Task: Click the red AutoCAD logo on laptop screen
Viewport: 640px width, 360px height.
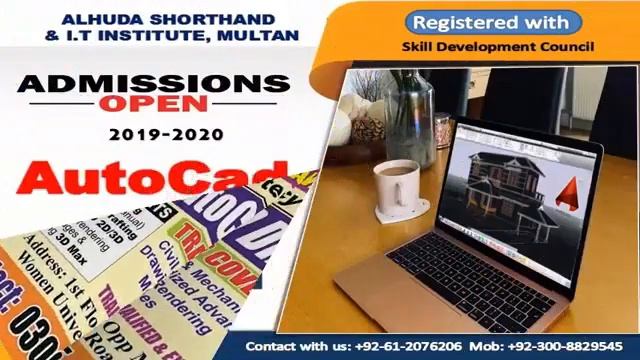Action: [x=573, y=190]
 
